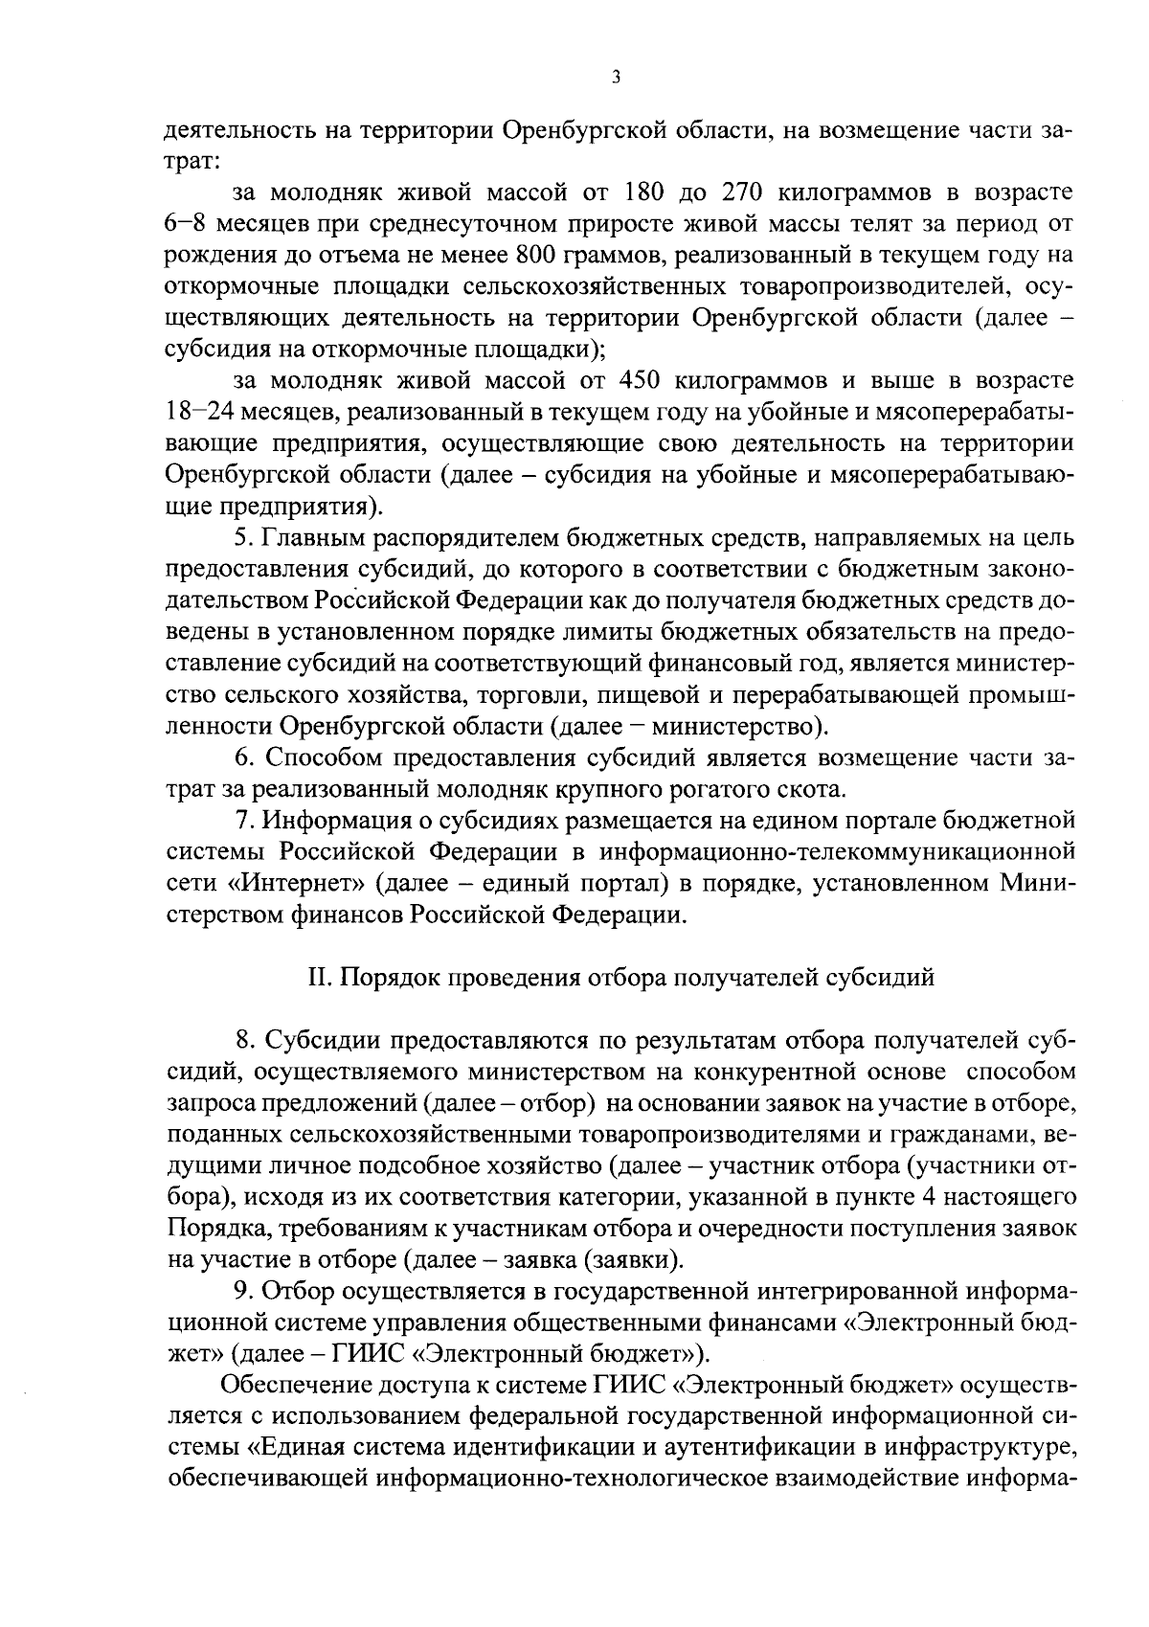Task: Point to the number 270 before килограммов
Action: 734,192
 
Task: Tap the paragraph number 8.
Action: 243,1040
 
